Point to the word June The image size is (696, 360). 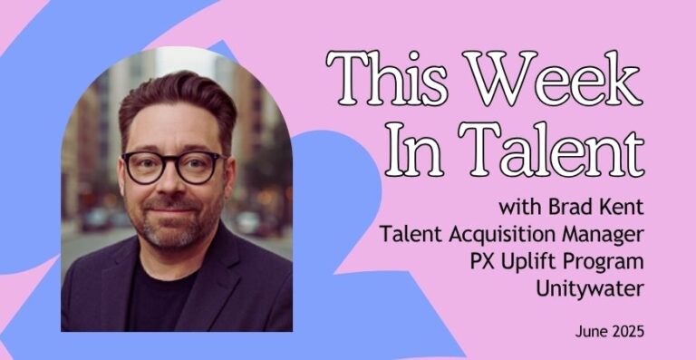[x=592, y=332]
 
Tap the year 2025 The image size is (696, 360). [x=627, y=332]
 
